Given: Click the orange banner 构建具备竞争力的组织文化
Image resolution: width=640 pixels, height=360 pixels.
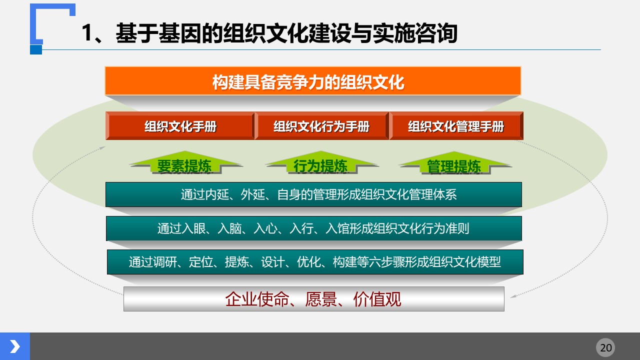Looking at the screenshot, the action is [313, 81].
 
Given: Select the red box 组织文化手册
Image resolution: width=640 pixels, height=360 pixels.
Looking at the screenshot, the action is [180, 125].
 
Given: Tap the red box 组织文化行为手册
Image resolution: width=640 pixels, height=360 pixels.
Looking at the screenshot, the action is [321, 125].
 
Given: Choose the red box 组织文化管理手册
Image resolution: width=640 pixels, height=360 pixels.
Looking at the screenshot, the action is [456, 125].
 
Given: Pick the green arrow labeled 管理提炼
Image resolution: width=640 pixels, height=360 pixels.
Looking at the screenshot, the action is [454, 163].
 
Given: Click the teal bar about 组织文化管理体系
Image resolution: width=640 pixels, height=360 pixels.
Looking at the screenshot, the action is [313, 194].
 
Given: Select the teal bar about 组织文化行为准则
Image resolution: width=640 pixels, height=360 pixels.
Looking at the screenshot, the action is [313, 228].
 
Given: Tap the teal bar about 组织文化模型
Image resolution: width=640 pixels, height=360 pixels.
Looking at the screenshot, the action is [315, 262].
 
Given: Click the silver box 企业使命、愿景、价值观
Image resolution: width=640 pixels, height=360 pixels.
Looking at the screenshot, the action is [313, 299].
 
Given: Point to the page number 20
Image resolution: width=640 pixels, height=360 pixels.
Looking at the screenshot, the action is [605, 347].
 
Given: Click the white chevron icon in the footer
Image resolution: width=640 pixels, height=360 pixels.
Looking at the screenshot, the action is [15, 346].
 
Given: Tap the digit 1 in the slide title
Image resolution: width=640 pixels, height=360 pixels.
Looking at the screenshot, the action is [87, 33].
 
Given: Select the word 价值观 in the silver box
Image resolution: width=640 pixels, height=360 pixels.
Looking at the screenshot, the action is [377, 299].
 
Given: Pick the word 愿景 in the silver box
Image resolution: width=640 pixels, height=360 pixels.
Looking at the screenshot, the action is [321, 299].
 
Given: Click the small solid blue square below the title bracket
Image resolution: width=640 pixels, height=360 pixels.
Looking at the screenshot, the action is [36, 49].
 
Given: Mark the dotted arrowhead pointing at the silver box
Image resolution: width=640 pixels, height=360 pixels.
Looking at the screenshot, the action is [513, 296].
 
